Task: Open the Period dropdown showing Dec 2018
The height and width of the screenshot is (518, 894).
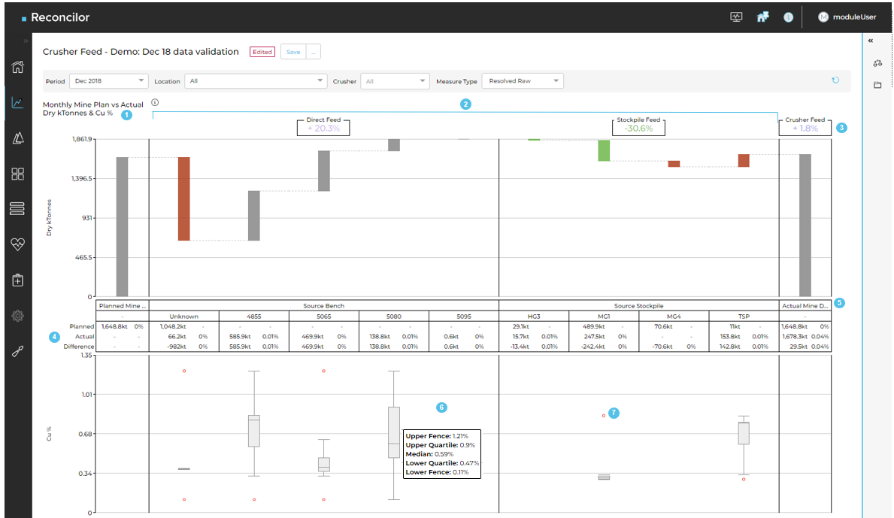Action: pyautogui.click(x=108, y=81)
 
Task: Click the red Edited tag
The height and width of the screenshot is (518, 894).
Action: pyautogui.click(x=262, y=52)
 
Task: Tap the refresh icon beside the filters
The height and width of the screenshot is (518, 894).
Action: pyautogui.click(x=835, y=80)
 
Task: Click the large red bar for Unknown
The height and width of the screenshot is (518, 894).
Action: pyautogui.click(x=183, y=198)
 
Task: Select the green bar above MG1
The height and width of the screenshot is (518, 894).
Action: pyautogui.click(x=604, y=150)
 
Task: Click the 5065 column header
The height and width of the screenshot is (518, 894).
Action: pyautogui.click(x=324, y=317)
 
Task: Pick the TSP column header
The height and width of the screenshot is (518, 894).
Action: pyautogui.click(x=745, y=317)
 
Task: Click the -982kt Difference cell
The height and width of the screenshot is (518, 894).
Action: pyautogui.click(x=176, y=347)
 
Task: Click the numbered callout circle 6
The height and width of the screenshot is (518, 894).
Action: pyautogui.click(x=441, y=407)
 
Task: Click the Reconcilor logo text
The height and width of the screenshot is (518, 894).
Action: pyautogui.click(x=61, y=17)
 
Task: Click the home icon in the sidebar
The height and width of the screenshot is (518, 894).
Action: pyautogui.click(x=17, y=67)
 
